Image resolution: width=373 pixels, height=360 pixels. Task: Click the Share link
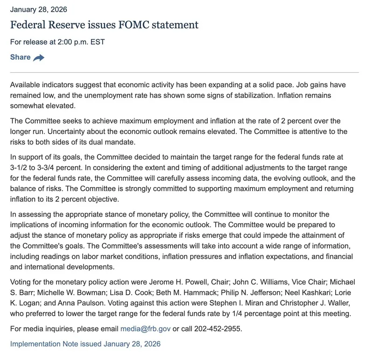coord(20,57)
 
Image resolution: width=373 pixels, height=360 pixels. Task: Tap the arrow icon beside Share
coord(39,58)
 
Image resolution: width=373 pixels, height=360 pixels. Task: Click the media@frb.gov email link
coord(146,329)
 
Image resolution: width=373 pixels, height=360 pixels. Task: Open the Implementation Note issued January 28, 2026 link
coord(85,344)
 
